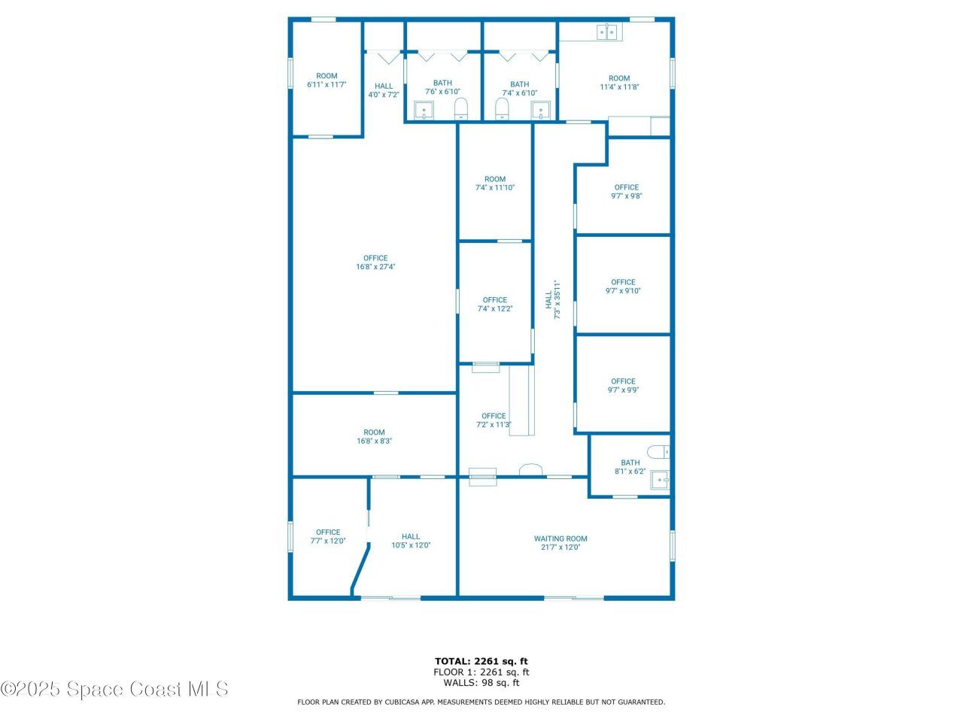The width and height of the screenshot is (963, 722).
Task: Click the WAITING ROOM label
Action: click(560, 538)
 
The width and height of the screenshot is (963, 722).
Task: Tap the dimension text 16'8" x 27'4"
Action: click(375, 266)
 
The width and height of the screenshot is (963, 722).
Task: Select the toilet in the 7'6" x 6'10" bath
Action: click(461, 109)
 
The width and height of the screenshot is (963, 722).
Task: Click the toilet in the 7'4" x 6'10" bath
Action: click(502, 109)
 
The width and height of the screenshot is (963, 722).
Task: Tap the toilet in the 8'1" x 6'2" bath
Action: click(660, 452)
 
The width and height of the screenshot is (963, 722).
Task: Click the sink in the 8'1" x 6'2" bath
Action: click(660, 478)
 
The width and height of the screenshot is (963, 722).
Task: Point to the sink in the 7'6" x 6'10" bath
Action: click(425, 113)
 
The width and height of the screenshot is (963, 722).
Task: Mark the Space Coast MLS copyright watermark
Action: click(114, 688)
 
